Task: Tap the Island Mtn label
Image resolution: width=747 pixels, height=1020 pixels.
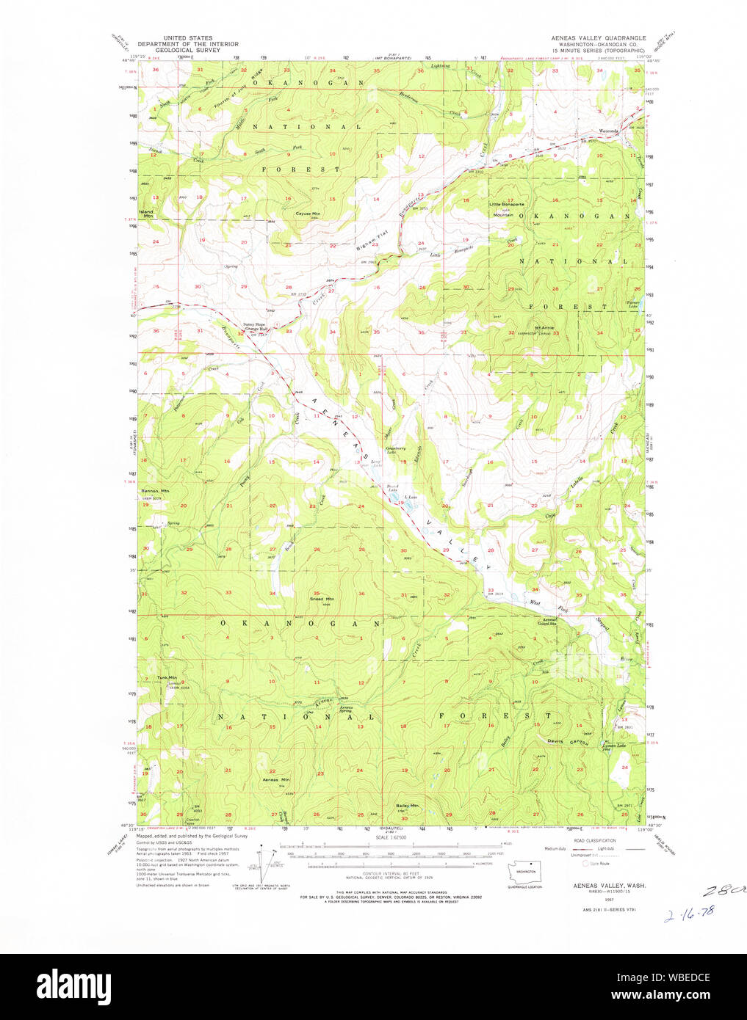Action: pyautogui.click(x=148, y=214)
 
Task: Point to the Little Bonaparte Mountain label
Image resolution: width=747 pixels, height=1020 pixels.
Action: pyautogui.click(x=508, y=209)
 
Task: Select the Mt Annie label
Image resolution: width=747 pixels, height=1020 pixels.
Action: pyautogui.click(x=544, y=327)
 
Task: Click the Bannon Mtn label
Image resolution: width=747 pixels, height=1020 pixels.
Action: pyautogui.click(x=155, y=491)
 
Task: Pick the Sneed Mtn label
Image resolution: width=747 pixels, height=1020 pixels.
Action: pyautogui.click(x=321, y=599)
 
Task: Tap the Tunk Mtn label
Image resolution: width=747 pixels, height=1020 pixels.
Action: pyautogui.click(x=167, y=677)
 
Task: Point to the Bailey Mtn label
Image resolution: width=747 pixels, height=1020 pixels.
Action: pyautogui.click(x=407, y=805)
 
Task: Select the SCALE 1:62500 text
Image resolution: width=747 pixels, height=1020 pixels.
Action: pyautogui.click(x=391, y=837)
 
